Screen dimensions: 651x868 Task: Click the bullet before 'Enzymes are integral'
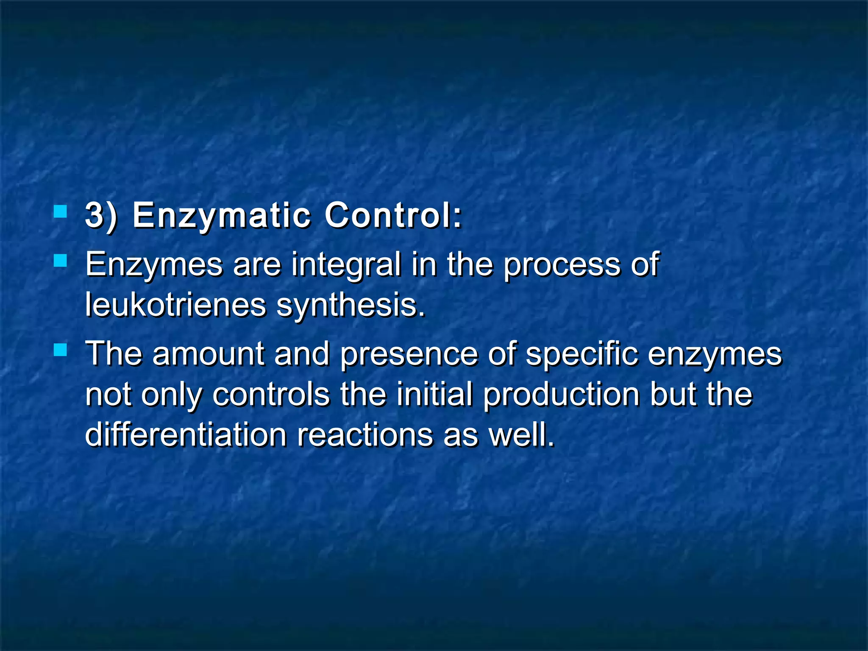pos(61,260)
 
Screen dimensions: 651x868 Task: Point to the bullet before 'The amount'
pos(61,350)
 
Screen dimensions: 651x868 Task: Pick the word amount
pos(208,353)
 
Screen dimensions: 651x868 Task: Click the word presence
pos(409,354)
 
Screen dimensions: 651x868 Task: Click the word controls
pos(271,394)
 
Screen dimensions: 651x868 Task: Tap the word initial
pos(434,394)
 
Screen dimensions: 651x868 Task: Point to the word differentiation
pos(186,434)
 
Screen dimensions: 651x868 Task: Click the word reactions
pos(364,434)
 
